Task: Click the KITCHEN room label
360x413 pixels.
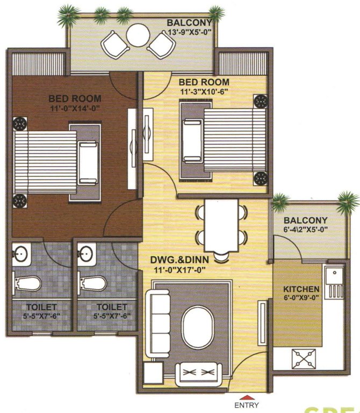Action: [x=301, y=289]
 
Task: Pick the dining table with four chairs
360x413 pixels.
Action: [x=221, y=226]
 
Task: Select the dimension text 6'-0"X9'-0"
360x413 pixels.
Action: [x=301, y=298]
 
